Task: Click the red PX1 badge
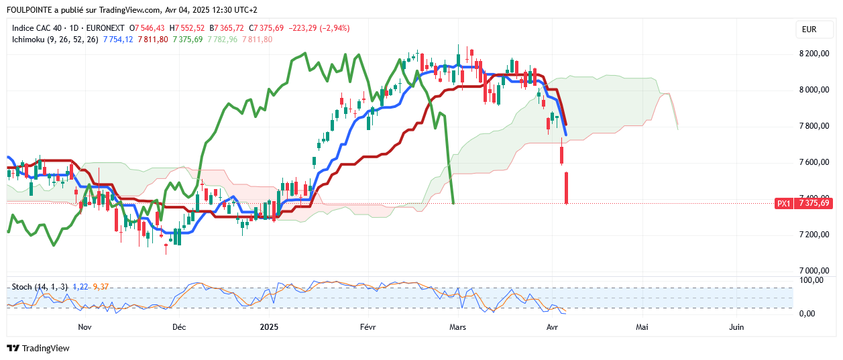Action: [783, 203]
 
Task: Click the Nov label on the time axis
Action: [85, 327]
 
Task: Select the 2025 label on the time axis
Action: [269, 327]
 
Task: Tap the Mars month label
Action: [458, 327]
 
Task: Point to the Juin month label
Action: [736, 327]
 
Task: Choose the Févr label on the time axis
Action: [369, 327]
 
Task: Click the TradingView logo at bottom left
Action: [38, 349]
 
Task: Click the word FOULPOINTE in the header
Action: [30, 10]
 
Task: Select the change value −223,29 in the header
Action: [304, 28]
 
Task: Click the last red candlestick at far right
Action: [567, 188]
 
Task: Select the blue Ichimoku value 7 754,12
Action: [119, 40]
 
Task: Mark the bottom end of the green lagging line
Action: [454, 202]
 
